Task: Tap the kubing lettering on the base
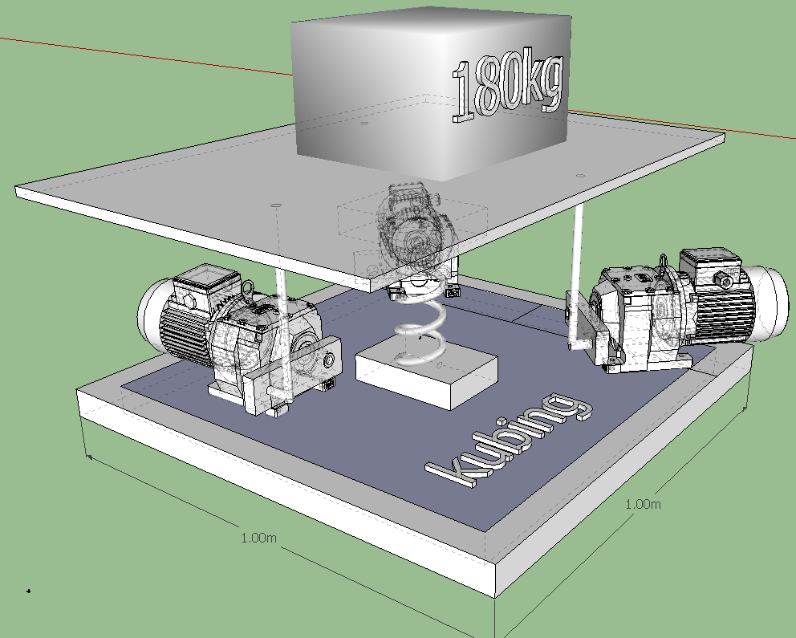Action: point(509,440)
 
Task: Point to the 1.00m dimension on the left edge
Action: point(258,538)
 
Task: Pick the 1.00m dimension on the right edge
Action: point(643,504)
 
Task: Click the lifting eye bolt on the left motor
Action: point(248,290)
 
